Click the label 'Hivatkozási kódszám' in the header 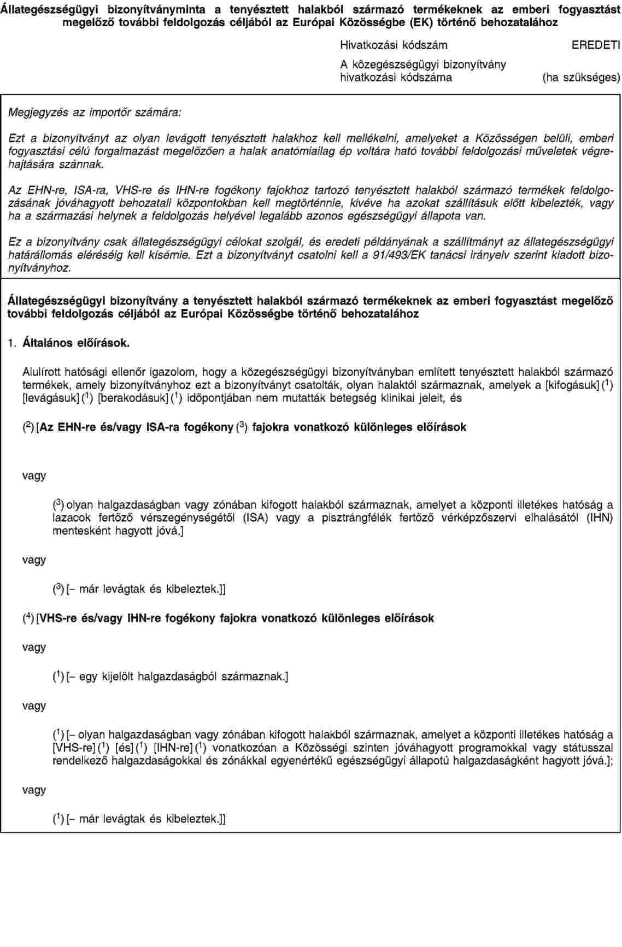[393, 45]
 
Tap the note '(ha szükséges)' [581, 78]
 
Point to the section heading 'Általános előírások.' [77, 344]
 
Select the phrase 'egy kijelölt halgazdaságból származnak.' [183, 677]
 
